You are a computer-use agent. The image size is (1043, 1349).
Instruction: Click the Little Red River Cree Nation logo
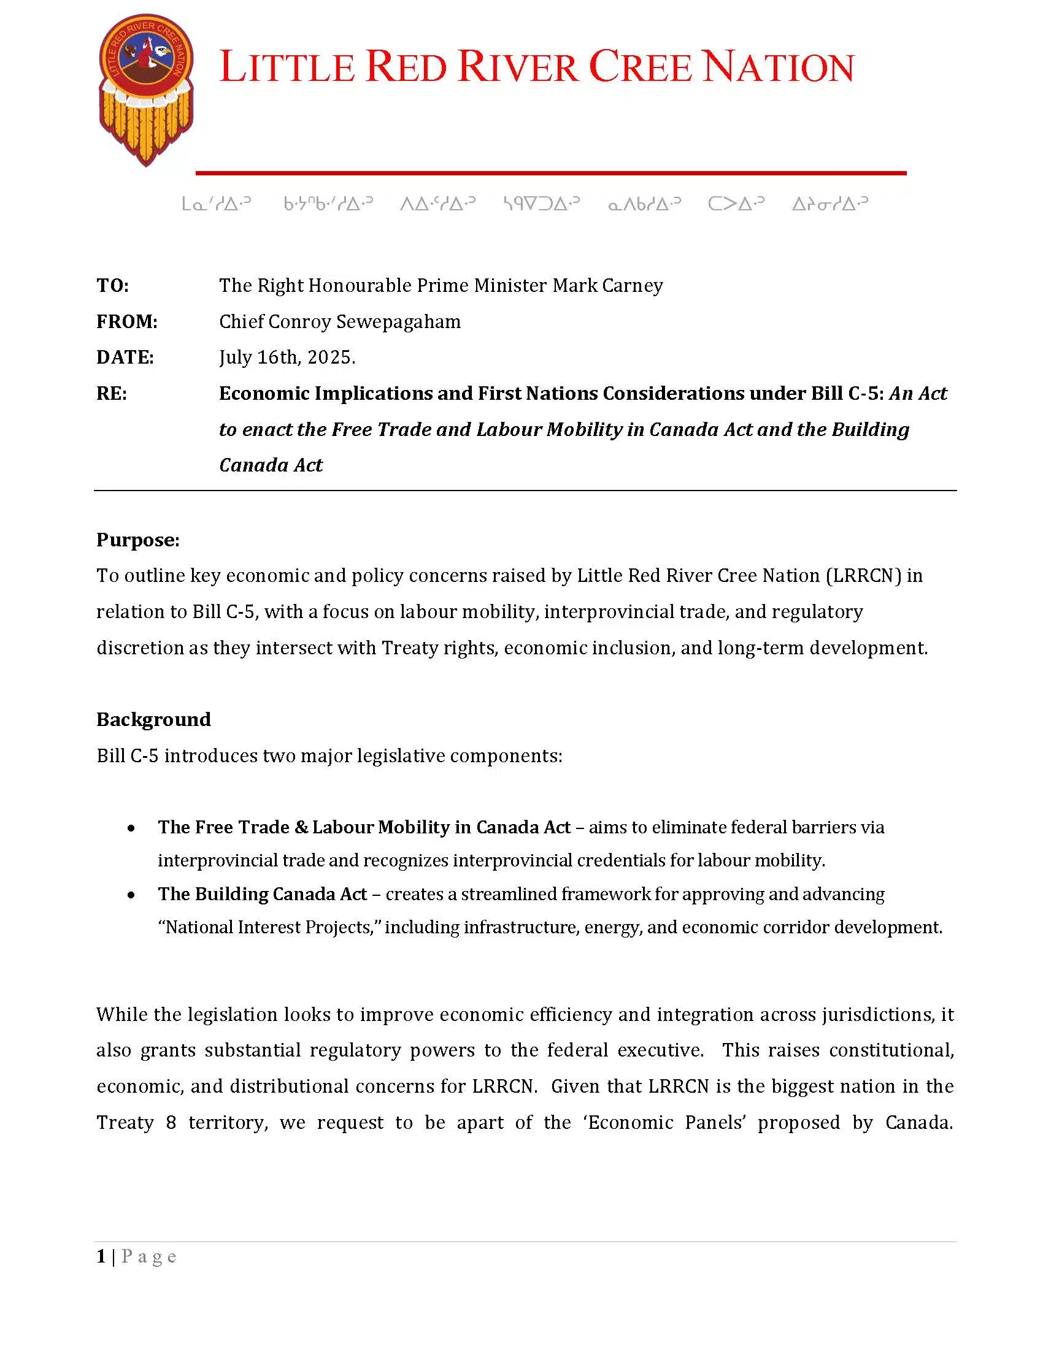pos(147,90)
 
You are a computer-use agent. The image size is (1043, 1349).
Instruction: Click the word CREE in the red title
pos(639,67)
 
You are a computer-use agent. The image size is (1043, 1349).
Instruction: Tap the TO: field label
pos(112,286)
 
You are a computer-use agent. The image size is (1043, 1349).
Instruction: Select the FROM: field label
pos(126,322)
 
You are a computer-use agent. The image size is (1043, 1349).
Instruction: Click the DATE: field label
pos(125,357)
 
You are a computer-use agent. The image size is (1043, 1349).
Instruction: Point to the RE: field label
pos(112,394)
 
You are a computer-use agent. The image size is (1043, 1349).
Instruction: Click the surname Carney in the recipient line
pos(634,286)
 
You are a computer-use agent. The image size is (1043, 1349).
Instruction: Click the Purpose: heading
pos(138,540)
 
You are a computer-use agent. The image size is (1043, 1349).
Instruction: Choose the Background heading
pos(153,720)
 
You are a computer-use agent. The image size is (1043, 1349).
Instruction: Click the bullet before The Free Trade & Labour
pos(131,828)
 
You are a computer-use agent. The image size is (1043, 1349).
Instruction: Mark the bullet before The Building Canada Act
pos(131,895)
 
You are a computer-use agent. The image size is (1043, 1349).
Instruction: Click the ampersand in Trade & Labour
pos(301,828)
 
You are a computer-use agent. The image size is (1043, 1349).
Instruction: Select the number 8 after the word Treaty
pos(171,1122)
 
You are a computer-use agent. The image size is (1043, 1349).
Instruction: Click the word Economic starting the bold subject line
pos(264,394)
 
